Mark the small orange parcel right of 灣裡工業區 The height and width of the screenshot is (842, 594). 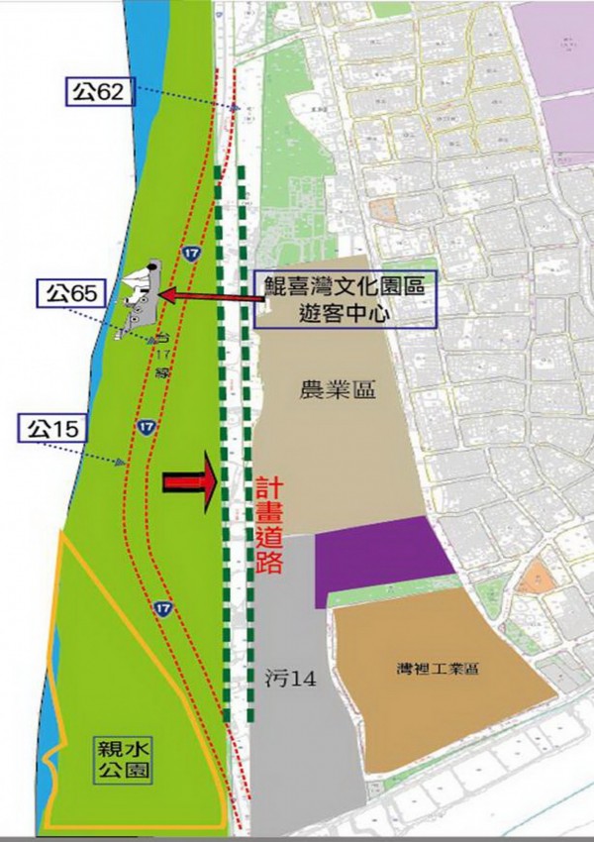tap(537, 578)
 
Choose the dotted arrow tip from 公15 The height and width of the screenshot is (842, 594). tap(123, 462)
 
